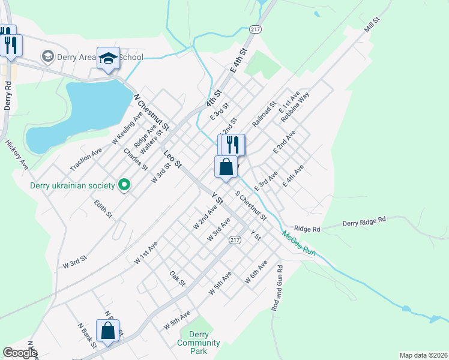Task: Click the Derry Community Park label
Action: (198, 343)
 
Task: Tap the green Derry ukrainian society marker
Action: (125, 185)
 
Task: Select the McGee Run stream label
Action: (299, 243)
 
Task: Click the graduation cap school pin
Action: (109, 58)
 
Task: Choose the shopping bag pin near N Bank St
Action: (107, 331)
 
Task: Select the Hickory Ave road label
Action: (16, 154)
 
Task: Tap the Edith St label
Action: (103, 209)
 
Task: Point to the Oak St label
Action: (178, 278)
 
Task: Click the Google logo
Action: (20, 353)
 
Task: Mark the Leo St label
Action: (173, 158)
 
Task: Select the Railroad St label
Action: (264, 113)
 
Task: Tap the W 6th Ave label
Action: (256, 273)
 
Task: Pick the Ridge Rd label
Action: (308, 229)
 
